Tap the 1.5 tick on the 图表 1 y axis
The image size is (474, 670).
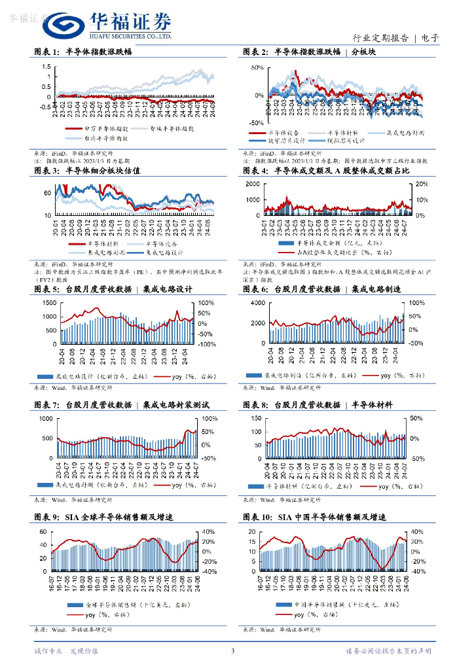(x=48, y=67)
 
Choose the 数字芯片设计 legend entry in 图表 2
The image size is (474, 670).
(x=286, y=139)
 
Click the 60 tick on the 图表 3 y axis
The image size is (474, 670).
(x=48, y=194)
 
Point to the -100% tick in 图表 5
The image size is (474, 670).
(x=207, y=344)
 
